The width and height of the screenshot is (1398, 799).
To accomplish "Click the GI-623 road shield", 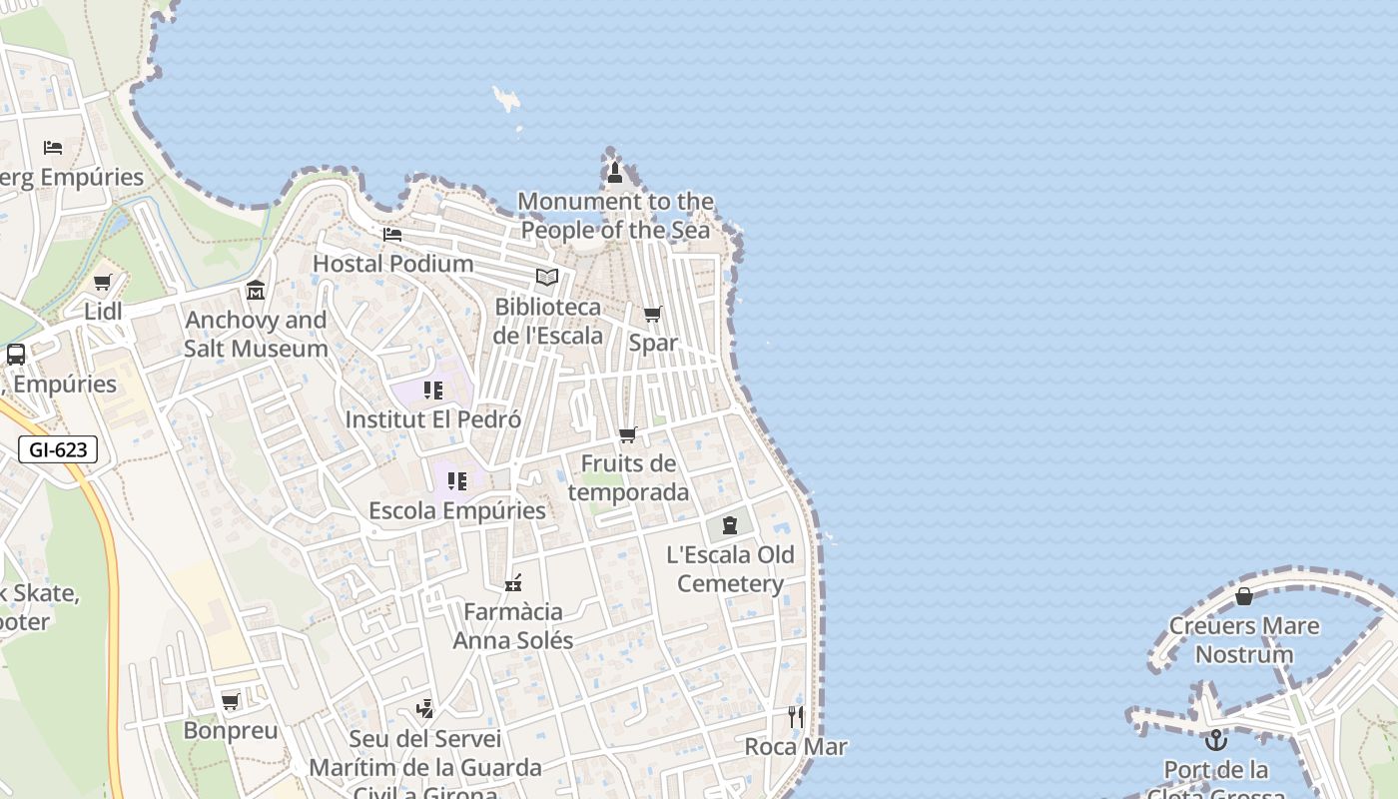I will click(x=58, y=449).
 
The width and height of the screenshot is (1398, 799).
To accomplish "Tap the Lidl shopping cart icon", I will click(x=102, y=283).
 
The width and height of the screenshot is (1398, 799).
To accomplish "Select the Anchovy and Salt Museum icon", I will click(x=256, y=291).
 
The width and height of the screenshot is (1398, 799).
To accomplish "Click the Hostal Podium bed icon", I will click(x=392, y=235).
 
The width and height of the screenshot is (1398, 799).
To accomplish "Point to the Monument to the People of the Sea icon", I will click(x=615, y=173).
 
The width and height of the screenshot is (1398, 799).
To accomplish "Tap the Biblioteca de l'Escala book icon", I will click(x=546, y=278).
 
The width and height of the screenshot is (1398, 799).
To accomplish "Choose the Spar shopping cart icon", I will click(x=652, y=315).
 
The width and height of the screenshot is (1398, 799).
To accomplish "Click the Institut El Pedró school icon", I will click(x=432, y=391).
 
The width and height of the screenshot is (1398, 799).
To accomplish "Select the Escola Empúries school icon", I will click(x=457, y=481).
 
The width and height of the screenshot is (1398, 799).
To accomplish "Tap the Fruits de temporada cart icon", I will click(x=628, y=434).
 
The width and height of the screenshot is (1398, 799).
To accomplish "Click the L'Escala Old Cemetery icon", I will click(x=730, y=525).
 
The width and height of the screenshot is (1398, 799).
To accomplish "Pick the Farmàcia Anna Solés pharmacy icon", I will click(x=513, y=583).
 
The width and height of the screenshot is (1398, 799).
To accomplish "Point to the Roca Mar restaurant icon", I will click(x=795, y=716).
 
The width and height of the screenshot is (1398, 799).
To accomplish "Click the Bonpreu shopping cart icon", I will click(x=231, y=701).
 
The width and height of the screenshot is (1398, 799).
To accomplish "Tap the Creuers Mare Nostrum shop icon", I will click(x=1244, y=596).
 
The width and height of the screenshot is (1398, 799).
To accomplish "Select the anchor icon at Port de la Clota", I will click(x=1215, y=740).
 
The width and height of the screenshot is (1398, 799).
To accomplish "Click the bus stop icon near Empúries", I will click(x=16, y=355).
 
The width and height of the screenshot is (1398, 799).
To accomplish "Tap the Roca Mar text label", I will click(x=796, y=747).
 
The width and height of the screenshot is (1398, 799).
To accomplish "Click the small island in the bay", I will click(x=507, y=99).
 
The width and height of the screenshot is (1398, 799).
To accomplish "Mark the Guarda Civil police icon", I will click(x=425, y=709).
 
